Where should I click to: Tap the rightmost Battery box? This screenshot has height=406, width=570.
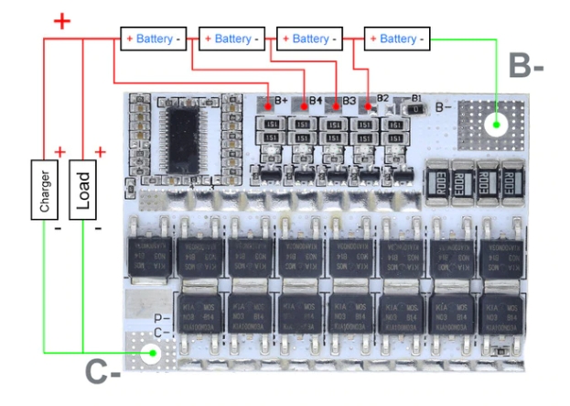396,39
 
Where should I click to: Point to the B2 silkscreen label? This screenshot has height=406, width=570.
383,97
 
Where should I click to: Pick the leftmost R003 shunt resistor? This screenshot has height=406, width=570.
437,181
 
